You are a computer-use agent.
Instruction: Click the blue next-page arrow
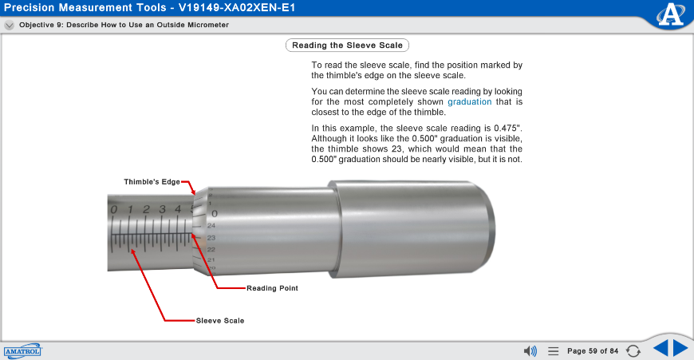(680, 349)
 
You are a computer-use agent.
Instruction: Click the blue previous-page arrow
(660, 349)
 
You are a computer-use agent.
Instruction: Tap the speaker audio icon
(530, 350)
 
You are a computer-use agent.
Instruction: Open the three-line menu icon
(553, 350)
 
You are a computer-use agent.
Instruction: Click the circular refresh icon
(633, 350)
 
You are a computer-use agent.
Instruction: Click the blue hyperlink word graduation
(470, 101)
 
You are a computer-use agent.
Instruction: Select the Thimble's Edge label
(152, 182)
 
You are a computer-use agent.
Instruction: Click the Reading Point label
(272, 288)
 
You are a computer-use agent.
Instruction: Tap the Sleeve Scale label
(220, 321)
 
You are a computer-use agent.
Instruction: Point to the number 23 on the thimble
(211, 238)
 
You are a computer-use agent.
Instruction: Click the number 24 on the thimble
(211, 226)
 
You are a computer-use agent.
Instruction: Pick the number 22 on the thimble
(211, 249)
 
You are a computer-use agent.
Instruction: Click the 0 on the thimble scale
(215, 213)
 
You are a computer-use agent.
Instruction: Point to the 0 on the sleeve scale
(114, 210)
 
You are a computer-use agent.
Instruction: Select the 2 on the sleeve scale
(147, 210)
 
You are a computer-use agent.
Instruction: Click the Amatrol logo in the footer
(22, 350)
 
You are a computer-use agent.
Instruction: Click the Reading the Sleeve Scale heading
(347, 45)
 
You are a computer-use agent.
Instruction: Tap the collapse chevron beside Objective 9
(9, 25)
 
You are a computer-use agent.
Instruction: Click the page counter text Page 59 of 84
(593, 350)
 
